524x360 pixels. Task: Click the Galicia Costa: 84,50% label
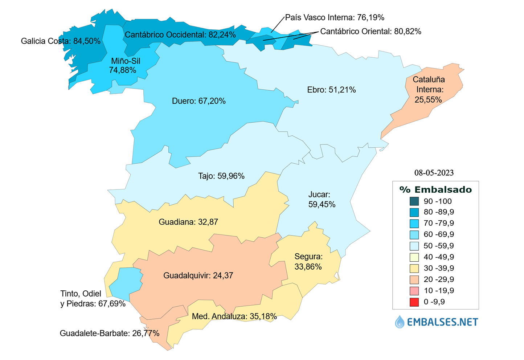[x=61, y=41]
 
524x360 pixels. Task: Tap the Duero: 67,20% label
[x=198, y=101]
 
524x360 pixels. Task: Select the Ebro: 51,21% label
[x=331, y=90]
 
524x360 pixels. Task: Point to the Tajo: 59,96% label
[x=221, y=176]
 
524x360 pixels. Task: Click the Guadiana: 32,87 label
[x=188, y=222]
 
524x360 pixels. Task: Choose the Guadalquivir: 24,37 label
[x=198, y=275]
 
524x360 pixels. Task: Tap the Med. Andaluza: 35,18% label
[x=234, y=316]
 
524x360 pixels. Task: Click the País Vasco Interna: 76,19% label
[x=334, y=17]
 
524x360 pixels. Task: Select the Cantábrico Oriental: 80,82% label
[x=371, y=32]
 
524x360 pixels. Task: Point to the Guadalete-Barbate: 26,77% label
[x=109, y=333]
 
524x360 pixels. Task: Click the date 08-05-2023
[x=434, y=173]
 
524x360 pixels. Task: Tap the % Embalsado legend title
[x=435, y=189]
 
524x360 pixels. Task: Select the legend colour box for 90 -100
[x=414, y=201]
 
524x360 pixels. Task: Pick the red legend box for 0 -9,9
[x=414, y=302]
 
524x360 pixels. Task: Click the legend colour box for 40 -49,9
[x=414, y=257]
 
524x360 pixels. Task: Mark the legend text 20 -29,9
[x=438, y=279]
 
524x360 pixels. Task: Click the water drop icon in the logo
[x=400, y=322]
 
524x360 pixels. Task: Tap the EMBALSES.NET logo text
[x=442, y=322]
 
